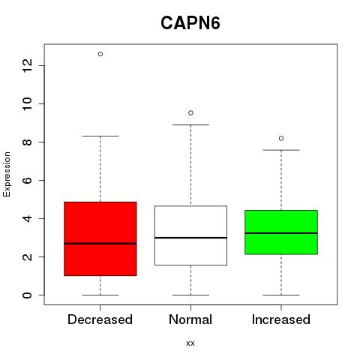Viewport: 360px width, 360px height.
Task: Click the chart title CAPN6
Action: (190, 23)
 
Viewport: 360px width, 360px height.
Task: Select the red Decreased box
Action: (100, 238)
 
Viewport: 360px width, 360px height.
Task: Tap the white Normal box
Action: (190, 235)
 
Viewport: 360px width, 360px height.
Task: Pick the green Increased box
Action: (281, 232)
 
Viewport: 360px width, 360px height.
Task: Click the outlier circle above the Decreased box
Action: (100, 54)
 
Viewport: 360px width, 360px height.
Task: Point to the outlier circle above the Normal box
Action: (190, 113)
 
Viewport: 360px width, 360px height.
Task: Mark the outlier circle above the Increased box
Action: (281, 139)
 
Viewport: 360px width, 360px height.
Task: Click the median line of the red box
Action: (100, 243)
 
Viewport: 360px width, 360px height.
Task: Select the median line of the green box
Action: (281, 233)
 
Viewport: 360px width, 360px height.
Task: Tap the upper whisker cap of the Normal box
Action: (190, 124)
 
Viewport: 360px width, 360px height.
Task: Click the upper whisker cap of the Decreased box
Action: (100, 136)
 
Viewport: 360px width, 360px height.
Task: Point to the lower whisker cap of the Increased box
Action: (281, 295)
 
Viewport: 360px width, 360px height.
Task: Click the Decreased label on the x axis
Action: (100, 319)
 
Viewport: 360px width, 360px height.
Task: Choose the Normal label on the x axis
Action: (190, 319)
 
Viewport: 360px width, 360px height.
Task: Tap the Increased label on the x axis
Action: (281, 319)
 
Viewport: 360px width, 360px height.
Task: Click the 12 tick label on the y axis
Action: (27, 65)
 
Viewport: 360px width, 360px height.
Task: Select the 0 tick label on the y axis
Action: (27, 295)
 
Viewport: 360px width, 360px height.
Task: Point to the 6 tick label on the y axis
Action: (27, 180)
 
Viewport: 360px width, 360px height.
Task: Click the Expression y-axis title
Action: (7, 174)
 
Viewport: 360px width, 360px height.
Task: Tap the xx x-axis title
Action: (190, 343)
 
